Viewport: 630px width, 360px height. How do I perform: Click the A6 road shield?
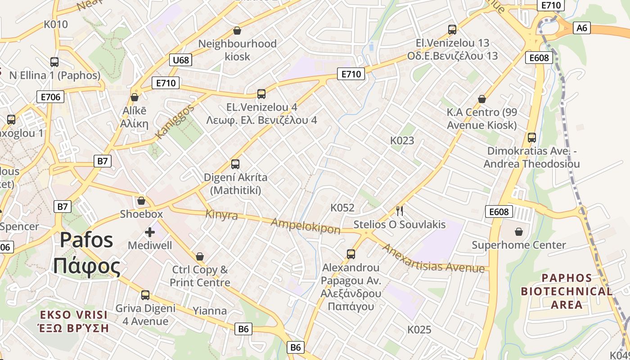[582, 28]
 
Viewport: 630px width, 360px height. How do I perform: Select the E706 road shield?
[50, 96]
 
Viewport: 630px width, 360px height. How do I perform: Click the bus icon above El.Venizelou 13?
[452, 30]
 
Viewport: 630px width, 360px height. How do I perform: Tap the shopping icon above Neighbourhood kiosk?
[237, 31]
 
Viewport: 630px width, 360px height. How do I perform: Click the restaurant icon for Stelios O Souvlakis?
[399, 210]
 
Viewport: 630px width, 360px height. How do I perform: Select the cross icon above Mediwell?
[150, 232]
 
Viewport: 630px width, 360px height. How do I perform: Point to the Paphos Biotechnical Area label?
[567, 291]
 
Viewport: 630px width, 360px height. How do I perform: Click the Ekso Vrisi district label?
[73, 321]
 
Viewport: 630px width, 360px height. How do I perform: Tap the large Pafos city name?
[86, 253]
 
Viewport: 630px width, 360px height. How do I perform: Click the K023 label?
[402, 140]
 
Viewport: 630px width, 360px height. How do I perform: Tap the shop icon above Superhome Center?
[519, 232]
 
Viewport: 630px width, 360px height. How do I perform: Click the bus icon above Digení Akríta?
[235, 164]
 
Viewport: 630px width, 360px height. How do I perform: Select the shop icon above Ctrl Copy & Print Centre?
[200, 256]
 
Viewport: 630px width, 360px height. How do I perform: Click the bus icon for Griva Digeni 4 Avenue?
[145, 295]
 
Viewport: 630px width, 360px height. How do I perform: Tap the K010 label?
[56, 24]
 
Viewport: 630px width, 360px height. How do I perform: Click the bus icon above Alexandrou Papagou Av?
[351, 254]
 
